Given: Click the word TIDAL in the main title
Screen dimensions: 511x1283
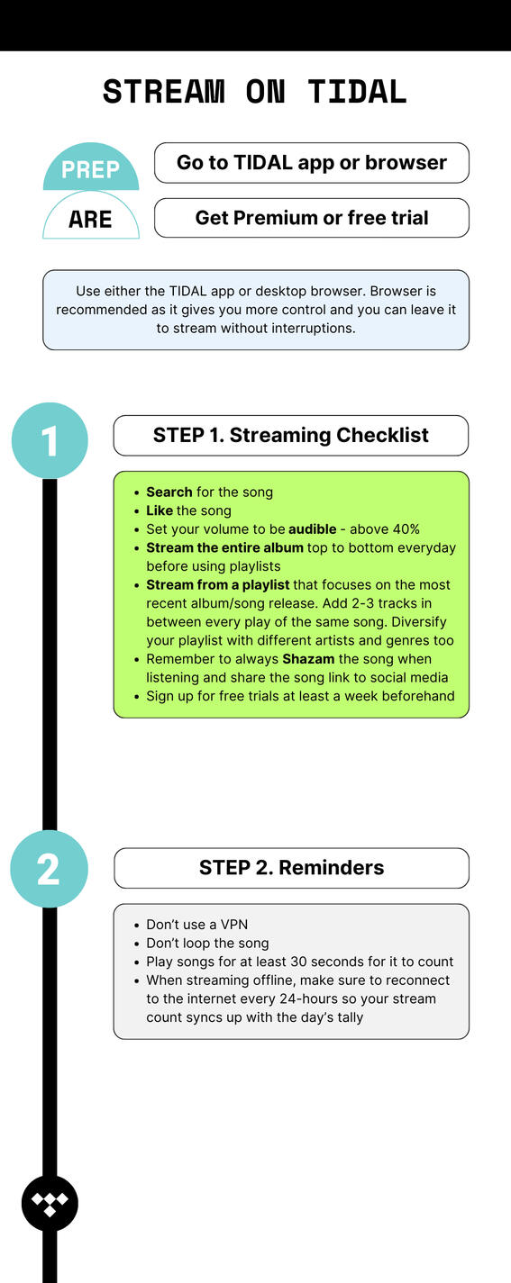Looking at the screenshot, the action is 357,92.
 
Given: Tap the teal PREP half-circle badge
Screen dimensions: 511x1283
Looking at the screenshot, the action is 91,167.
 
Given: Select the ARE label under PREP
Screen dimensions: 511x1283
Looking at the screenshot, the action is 90,220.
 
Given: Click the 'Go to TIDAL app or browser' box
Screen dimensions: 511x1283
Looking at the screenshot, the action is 312,163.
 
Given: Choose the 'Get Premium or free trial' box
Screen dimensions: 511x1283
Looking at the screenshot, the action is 312,218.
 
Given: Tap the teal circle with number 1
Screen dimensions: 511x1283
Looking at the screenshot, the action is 50,440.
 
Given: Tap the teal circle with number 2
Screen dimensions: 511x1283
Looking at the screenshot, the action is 50,869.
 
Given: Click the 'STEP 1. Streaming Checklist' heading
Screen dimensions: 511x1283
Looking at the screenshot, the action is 291,435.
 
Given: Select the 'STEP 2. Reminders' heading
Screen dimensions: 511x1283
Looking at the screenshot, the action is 291,868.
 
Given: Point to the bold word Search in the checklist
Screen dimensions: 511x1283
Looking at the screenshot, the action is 169,492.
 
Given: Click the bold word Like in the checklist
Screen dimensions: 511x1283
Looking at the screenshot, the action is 160,510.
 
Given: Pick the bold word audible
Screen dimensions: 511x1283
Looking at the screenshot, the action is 313,529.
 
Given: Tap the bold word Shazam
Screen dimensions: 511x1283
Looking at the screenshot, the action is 308,659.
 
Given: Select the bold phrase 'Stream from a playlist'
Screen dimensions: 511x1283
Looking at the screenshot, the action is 218,585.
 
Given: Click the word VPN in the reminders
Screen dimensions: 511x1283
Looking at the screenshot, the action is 234,925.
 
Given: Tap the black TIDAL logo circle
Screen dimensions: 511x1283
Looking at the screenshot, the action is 50,1204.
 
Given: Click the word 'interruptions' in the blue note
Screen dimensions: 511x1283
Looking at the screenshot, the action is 314,329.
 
